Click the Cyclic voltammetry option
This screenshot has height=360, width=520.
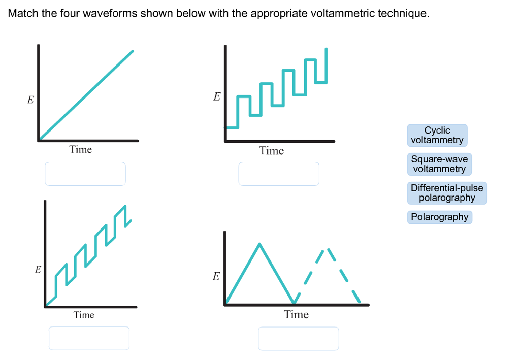click(437, 135)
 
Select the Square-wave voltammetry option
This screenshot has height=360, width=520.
click(439, 164)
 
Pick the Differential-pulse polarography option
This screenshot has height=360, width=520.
click(447, 193)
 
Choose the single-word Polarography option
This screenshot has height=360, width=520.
click(440, 217)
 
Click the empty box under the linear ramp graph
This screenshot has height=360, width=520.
click(85, 174)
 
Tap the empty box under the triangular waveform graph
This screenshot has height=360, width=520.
click(298, 338)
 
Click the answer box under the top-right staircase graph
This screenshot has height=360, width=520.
click(279, 174)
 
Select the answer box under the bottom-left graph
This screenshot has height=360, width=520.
click(89, 338)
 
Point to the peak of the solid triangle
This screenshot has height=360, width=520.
click(260, 244)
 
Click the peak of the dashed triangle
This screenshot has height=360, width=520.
click(326, 248)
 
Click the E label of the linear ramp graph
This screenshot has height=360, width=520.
click(30, 100)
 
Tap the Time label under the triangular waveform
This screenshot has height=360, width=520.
click(297, 315)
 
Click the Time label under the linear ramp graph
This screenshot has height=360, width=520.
click(81, 149)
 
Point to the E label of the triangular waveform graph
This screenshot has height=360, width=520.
click(216, 277)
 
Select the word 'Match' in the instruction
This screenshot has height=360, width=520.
click(23, 13)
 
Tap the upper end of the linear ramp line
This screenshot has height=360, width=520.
click(133, 51)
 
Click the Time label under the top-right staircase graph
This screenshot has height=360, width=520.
click(272, 151)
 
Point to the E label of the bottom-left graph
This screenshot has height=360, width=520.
click(38, 270)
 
